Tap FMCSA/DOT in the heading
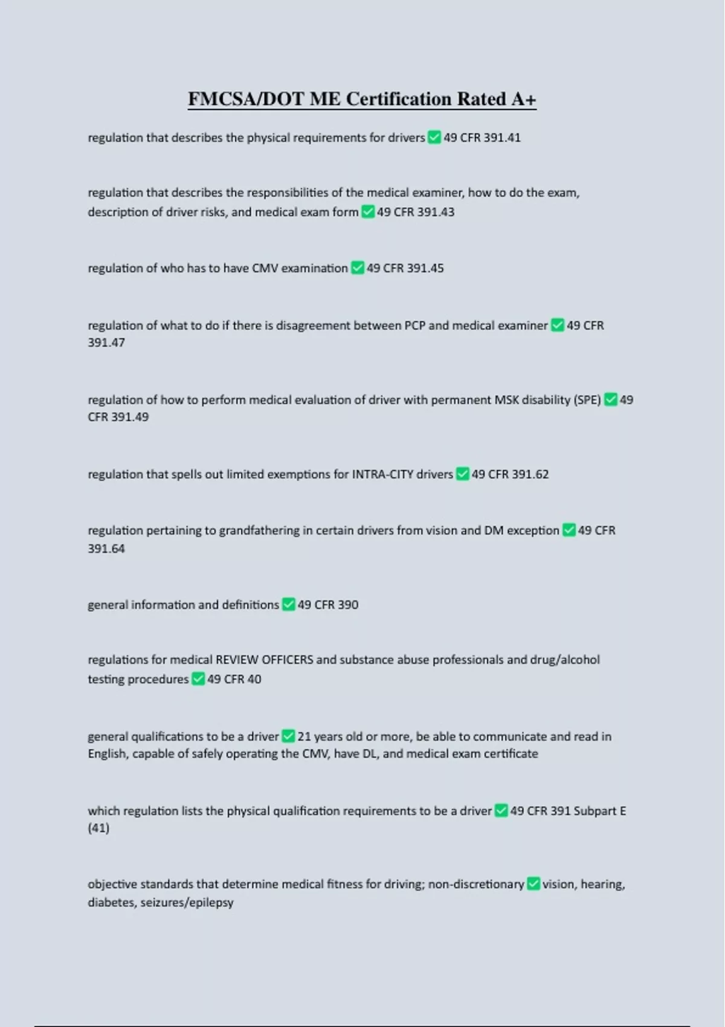coord(246,98)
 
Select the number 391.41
coord(502,138)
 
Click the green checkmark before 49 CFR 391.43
coord(368,212)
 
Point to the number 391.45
coord(425,268)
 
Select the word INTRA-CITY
coord(382,474)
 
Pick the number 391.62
coord(530,474)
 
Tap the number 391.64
coord(106,549)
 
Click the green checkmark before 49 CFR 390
coord(289,605)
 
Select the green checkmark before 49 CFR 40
coord(198,679)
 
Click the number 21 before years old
coord(304,736)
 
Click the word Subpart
coord(595,811)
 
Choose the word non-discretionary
coord(476,884)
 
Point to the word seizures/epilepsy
coord(187,903)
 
